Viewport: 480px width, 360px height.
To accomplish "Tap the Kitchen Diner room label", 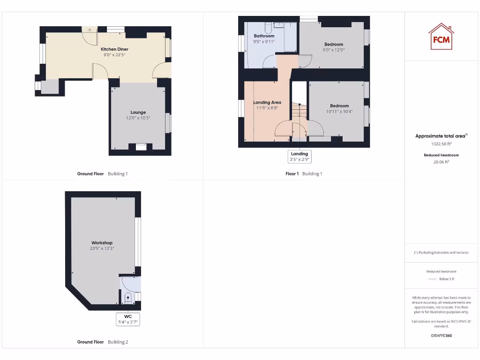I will (114, 49).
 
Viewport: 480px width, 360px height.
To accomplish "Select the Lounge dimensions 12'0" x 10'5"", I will (138, 118).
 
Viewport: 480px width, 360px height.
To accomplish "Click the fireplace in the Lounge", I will (141, 147).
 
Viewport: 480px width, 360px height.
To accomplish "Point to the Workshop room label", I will (102, 243).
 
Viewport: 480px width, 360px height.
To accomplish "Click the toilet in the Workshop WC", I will (128, 297).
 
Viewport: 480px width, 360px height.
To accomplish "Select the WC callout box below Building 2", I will (128, 319).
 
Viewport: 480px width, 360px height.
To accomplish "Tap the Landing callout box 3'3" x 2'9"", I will (299, 157).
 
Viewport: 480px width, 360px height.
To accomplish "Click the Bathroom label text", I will (264, 36).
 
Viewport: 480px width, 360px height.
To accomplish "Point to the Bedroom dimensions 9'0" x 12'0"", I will (334, 50).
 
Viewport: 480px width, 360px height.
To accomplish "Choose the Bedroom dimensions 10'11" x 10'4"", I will (339, 112).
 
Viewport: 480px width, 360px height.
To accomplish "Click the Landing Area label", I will (267, 102).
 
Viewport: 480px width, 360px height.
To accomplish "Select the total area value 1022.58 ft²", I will (441, 144).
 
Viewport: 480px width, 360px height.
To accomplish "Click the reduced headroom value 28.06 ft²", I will (441, 162).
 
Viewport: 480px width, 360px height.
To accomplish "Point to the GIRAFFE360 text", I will (441, 336).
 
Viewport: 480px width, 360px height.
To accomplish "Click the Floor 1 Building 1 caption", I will (304, 174).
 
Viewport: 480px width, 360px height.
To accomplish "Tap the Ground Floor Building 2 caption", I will (102, 342).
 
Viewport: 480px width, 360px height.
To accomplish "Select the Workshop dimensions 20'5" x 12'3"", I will (102, 248).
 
